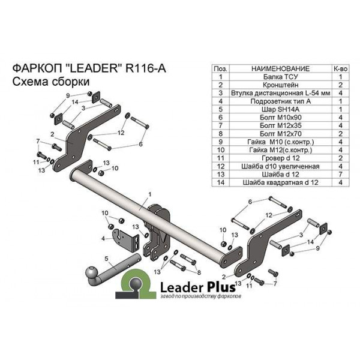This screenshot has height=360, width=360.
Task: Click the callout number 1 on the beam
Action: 149,194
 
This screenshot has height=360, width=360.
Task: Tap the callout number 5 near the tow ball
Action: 106,259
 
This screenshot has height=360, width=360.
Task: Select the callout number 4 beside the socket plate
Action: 103,239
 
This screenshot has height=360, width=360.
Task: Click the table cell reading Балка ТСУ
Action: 280,77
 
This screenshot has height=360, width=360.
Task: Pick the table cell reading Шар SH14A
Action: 280,109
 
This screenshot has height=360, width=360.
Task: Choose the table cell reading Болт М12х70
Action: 280,134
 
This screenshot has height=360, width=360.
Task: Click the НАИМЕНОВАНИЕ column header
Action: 280,68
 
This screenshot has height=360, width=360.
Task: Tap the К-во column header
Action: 340,68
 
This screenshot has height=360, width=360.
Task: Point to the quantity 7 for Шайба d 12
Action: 340,174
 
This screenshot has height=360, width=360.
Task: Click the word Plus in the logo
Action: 221,287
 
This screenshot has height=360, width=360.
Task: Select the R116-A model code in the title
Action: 146,68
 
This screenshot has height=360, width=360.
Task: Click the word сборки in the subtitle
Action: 70,82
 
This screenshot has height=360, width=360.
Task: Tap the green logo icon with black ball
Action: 136,284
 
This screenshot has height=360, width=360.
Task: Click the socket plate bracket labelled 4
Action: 125,241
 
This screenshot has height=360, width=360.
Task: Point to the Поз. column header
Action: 220,68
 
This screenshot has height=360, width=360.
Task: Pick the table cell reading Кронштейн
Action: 280,85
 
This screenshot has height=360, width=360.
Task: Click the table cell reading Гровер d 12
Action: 280,158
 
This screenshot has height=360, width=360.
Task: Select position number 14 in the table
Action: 220,182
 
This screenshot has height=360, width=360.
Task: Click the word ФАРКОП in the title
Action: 37,68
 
